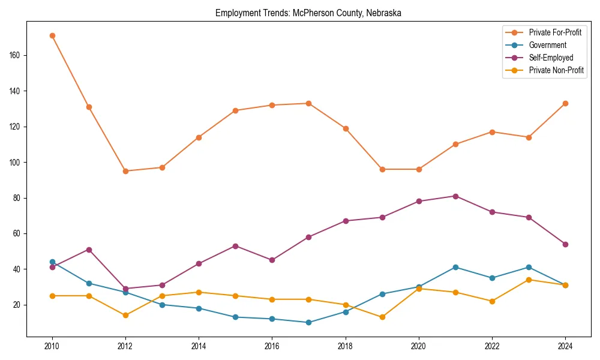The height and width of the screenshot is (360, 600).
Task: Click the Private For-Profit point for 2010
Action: tap(52, 35)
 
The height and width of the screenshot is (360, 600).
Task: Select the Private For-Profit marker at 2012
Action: tap(125, 171)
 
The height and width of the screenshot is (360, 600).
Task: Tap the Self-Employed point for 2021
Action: tap(455, 196)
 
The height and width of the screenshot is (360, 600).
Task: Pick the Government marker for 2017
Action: tap(308, 322)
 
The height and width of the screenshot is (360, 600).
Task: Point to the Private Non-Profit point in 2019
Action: tap(382, 317)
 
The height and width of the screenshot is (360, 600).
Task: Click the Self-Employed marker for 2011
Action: tap(89, 250)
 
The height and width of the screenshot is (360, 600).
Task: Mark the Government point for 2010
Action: tap(52, 262)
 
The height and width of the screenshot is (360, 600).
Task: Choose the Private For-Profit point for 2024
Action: tap(565, 103)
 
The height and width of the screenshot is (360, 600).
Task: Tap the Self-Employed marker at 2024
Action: tap(565, 244)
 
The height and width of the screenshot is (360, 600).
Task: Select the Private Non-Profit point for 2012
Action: tap(125, 315)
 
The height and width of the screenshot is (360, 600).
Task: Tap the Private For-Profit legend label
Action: tap(555, 32)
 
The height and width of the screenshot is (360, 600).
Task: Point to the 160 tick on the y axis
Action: tap(16, 55)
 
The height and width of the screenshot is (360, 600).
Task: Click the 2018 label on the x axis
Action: tap(346, 346)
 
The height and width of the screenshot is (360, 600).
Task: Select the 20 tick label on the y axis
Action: tap(17, 305)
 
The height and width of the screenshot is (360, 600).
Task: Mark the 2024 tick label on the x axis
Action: tap(565, 346)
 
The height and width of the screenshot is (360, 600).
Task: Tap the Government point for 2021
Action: tap(455, 267)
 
